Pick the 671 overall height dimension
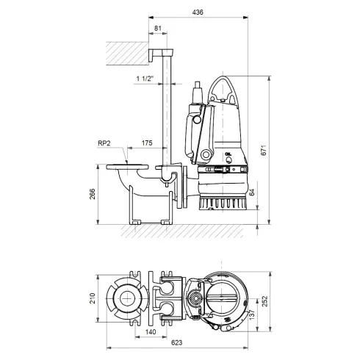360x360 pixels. click(272, 150)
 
